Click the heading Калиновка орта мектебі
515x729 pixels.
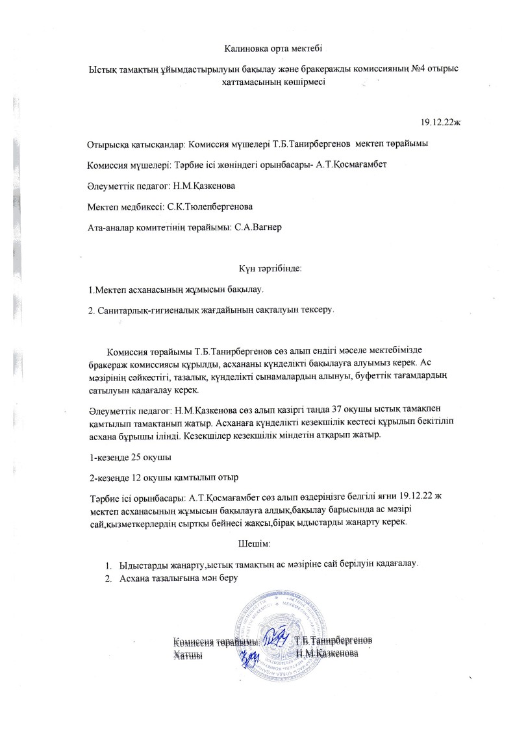click(x=273, y=49)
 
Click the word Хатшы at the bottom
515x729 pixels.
click(x=187, y=656)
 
